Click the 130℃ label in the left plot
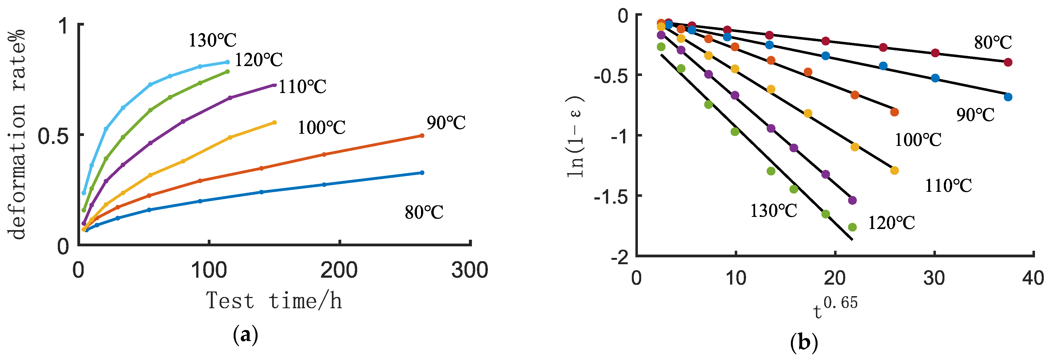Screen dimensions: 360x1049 [212, 40]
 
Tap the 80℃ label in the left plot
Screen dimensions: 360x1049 [424, 212]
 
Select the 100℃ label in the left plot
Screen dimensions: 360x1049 [321, 127]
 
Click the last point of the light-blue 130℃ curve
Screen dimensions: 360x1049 [227, 62]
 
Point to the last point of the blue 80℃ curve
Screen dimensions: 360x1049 [422, 173]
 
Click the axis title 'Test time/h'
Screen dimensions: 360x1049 [274, 301]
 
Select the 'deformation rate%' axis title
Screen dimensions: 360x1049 [17, 134]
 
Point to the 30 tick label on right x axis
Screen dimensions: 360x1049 [934, 278]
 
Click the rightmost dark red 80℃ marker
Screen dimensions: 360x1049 [1008, 62]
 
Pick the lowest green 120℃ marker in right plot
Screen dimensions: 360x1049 [852, 227]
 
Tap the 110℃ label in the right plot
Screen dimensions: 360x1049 [948, 186]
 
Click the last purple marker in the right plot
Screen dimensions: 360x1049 [852, 200]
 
